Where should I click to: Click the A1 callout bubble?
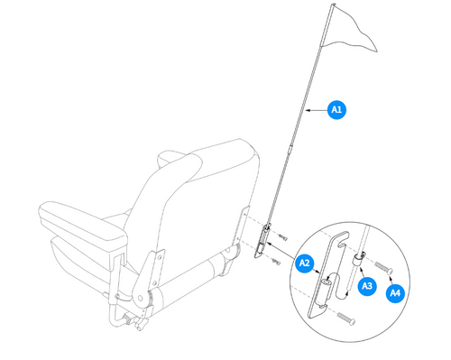coord(336,110)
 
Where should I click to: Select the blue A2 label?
coord(303,263)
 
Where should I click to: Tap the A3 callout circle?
coord(367,285)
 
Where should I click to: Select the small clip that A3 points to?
coord(359,258)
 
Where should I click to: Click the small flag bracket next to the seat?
coord(264,241)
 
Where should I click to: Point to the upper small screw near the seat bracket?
coord(283,236)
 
